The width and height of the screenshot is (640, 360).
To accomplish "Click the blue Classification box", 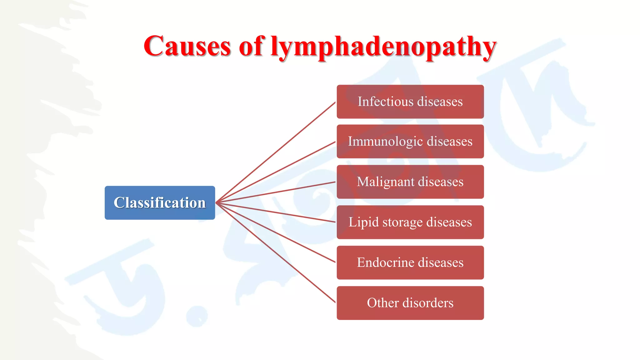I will pos(160,203).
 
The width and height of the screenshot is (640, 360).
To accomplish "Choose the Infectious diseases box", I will pos(410,102).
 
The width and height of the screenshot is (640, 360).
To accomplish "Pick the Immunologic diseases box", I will pos(410,142).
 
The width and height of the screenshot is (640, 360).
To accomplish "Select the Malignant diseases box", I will pos(410,182).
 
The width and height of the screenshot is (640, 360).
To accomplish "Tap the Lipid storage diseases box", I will pos(410,222).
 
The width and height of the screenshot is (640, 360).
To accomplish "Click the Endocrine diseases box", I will pos(410,262).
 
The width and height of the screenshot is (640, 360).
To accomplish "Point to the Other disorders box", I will pos(410,303).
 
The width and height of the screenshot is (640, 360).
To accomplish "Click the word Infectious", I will pos(385,102).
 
